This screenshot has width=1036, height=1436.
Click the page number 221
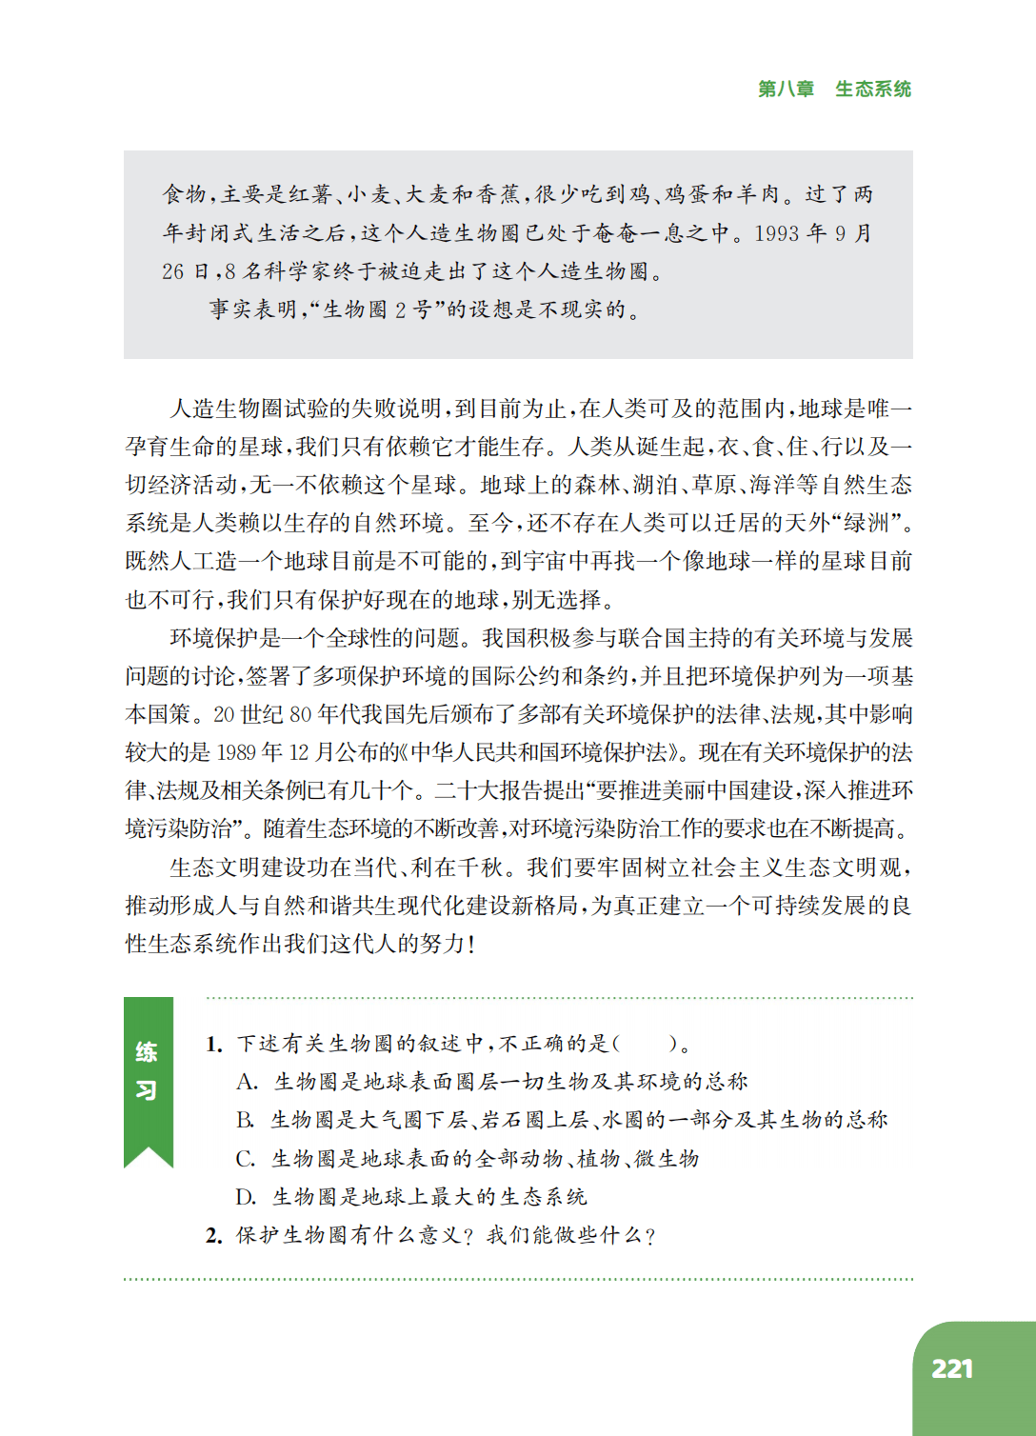click(951, 1369)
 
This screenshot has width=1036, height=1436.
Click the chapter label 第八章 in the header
click(786, 89)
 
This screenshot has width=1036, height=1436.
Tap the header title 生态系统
click(873, 89)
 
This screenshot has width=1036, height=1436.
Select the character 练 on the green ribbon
click(147, 1052)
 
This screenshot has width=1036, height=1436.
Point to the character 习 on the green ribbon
click(147, 1090)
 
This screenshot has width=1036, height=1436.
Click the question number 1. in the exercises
click(214, 1045)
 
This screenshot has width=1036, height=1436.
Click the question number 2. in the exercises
click(214, 1236)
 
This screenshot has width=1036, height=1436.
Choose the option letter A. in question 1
click(247, 1083)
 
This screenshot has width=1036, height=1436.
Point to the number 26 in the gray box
click(172, 271)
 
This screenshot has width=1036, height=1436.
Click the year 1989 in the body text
click(236, 752)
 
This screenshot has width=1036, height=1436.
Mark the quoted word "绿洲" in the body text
click(868, 523)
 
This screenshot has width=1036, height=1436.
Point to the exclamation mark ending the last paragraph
click(470, 944)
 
